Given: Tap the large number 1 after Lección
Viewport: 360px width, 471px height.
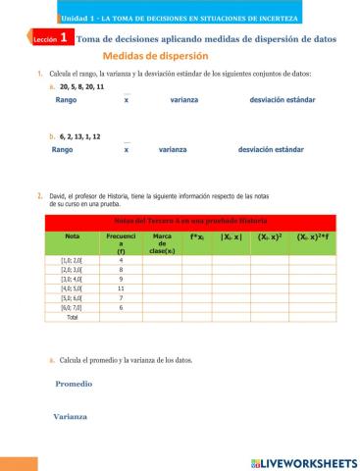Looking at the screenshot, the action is point(64,37).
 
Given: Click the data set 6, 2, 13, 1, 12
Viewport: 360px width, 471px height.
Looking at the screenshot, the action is point(79,137).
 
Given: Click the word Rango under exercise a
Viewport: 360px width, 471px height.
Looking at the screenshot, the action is point(66,100).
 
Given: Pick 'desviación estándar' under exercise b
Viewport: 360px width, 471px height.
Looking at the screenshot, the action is point(270,150).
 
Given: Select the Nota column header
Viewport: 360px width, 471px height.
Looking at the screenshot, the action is point(72,236).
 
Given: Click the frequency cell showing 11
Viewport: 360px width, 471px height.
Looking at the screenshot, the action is point(120,288).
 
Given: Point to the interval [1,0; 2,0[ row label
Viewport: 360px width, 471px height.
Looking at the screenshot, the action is point(72,259).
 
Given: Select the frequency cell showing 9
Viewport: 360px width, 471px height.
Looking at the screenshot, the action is point(120,279).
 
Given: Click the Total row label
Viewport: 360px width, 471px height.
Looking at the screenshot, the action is point(72,318).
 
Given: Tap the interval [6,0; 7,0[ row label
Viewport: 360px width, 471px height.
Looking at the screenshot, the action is point(72,308).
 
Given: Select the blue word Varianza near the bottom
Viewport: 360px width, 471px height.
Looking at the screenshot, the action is point(71,417).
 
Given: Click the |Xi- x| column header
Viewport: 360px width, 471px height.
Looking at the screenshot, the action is point(232,236).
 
